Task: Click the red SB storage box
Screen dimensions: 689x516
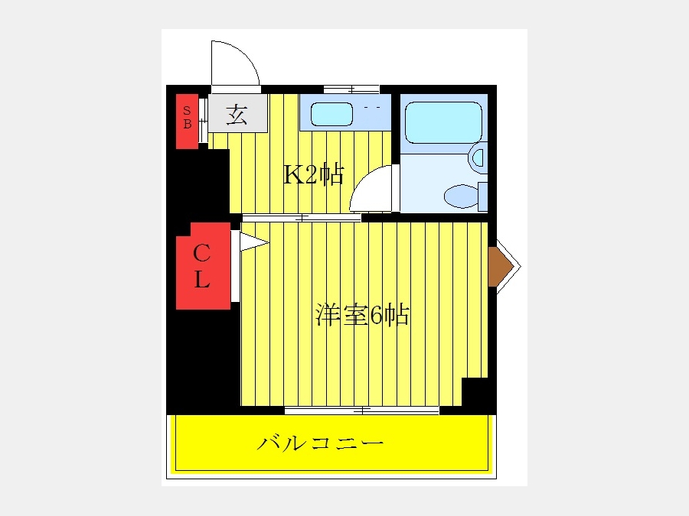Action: pos(188,121)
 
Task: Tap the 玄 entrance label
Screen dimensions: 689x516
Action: pos(237,115)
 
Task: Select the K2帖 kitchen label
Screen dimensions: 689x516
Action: pos(313,174)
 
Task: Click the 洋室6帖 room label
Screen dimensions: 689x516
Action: pos(362,314)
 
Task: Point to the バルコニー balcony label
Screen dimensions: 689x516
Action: pos(320,443)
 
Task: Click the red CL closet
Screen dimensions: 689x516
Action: pos(204,266)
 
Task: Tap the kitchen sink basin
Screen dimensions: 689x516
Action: pos(331,114)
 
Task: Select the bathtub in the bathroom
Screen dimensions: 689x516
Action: pos(443,122)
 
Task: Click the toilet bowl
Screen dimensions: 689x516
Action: pos(462,196)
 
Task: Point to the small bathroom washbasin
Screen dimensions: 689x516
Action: pos(478,157)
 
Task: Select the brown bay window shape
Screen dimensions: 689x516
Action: pos(500,266)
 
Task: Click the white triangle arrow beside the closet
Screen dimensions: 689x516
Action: pos(254,242)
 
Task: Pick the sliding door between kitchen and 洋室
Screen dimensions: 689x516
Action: pos(302,218)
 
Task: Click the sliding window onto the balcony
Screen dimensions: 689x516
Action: pos(361,411)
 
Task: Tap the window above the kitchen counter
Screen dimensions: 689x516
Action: pos(351,89)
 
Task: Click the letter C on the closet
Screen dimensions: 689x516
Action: pos(201,252)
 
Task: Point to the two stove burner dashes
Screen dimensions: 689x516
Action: pos(372,107)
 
